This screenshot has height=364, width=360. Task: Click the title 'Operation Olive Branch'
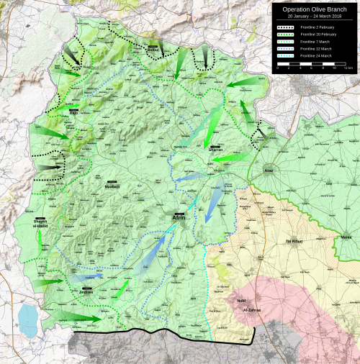point(315,9)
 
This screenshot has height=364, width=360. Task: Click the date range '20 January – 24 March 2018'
point(315,17)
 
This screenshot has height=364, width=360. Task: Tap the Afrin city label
point(179,217)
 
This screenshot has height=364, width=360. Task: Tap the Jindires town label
point(86,293)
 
